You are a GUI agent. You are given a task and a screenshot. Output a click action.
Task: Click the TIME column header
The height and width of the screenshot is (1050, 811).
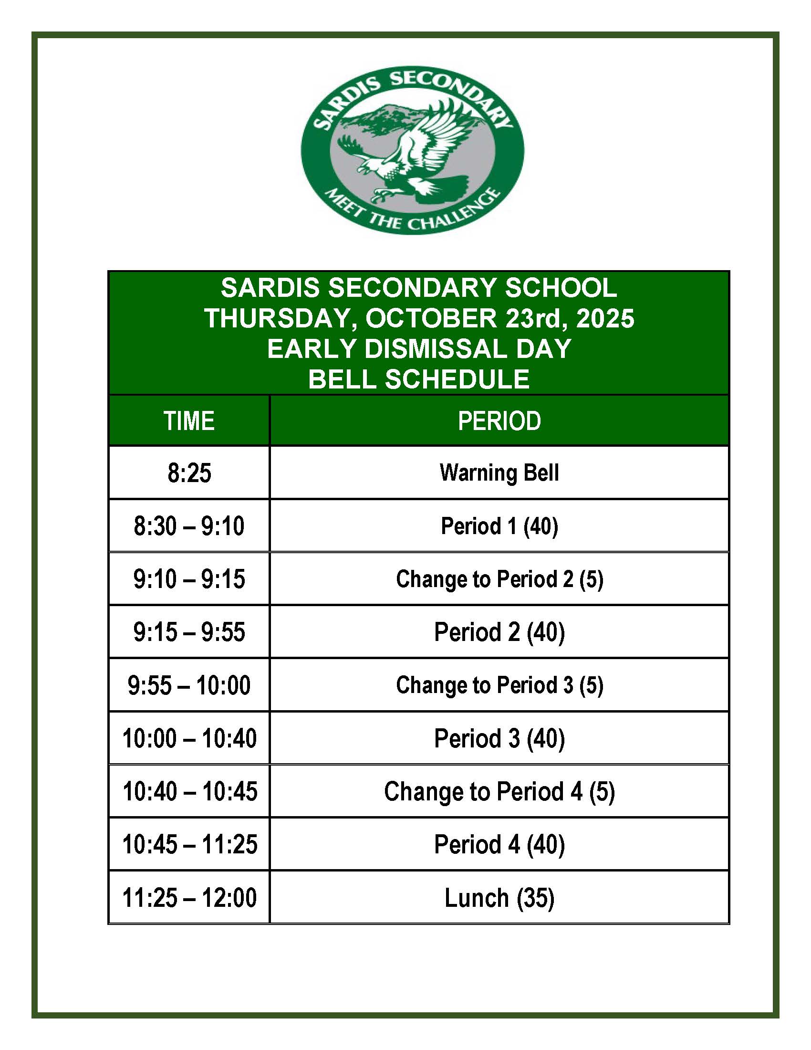coord(189,420)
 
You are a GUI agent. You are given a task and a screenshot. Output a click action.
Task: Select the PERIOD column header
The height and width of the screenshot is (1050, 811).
coord(499,420)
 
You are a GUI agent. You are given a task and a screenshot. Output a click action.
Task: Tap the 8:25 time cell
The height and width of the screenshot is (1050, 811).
coord(189,472)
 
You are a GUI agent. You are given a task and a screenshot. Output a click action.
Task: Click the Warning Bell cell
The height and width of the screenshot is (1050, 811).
coord(499,472)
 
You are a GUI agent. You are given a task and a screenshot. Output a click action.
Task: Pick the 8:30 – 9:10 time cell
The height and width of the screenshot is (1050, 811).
coord(189,525)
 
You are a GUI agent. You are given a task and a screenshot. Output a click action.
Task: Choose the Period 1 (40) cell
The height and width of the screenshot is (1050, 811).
coord(499,525)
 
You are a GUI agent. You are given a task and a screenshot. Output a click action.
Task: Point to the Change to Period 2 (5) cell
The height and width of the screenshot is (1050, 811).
coord(499,579)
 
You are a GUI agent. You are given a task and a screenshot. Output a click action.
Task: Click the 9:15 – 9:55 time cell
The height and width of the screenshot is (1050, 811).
coord(189,632)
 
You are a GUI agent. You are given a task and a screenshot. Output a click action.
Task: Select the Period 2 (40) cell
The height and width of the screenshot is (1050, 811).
coord(499,632)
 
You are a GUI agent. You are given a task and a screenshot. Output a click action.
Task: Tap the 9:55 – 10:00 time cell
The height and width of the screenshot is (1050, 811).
coord(189,685)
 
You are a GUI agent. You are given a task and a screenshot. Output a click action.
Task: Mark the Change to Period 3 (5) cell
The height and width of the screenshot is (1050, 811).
coord(499,685)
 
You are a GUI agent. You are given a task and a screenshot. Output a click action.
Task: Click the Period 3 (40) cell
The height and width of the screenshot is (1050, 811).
coord(499,738)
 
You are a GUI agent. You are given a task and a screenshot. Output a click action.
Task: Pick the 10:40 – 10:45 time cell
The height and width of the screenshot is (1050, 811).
coord(189,791)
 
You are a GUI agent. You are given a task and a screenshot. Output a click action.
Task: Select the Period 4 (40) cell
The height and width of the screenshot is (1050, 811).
coord(499,845)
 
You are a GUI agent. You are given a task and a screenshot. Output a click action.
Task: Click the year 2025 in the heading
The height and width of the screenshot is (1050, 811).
coord(605,318)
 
